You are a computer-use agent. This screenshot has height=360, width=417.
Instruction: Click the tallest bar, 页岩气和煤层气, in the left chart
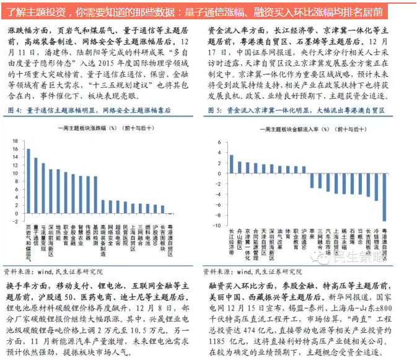coord(28,182)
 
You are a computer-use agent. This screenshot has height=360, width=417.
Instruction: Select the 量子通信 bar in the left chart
coord(35,187)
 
